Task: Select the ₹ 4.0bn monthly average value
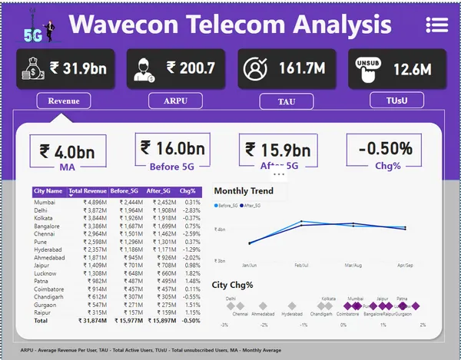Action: pyautogui.click(x=68, y=149)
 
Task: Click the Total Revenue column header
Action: pyautogui.click(x=87, y=190)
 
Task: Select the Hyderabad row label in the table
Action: pyautogui.click(x=48, y=249)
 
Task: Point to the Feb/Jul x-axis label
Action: pyautogui.click(x=301, y=266)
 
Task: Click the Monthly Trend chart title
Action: pyautogui.click(x=244, y=191)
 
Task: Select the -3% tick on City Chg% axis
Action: pyautogui.click(x=224, y=325)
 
